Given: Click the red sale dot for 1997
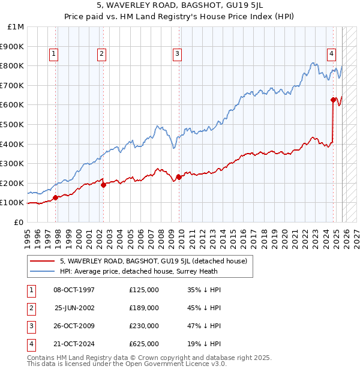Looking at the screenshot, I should (55, 197).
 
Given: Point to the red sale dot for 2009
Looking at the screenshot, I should (179, 177).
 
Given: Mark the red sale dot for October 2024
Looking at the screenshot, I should (333, 100).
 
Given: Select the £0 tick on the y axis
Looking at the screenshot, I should (19, 222).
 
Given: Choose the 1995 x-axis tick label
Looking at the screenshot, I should (28, 235).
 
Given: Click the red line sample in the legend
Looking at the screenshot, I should (42, 261).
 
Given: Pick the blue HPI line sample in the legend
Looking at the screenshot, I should (42, 271).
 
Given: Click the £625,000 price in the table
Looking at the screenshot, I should (143, 344).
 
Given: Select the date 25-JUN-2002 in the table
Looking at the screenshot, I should (74, 308).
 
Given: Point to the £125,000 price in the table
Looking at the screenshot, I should (143, 290).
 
